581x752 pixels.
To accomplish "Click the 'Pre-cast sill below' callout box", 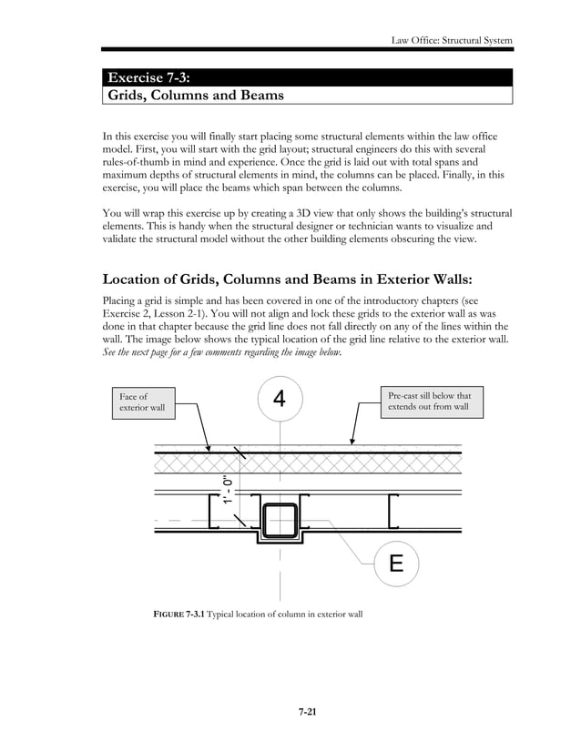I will (x=429, y=401).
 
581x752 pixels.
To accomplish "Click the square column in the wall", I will (x=280, y=520).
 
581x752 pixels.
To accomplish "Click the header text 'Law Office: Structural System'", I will (x=451, y=40).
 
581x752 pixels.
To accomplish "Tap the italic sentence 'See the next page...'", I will (x=222, y=353).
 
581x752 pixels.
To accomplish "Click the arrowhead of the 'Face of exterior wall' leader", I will (x=210, y=450).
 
